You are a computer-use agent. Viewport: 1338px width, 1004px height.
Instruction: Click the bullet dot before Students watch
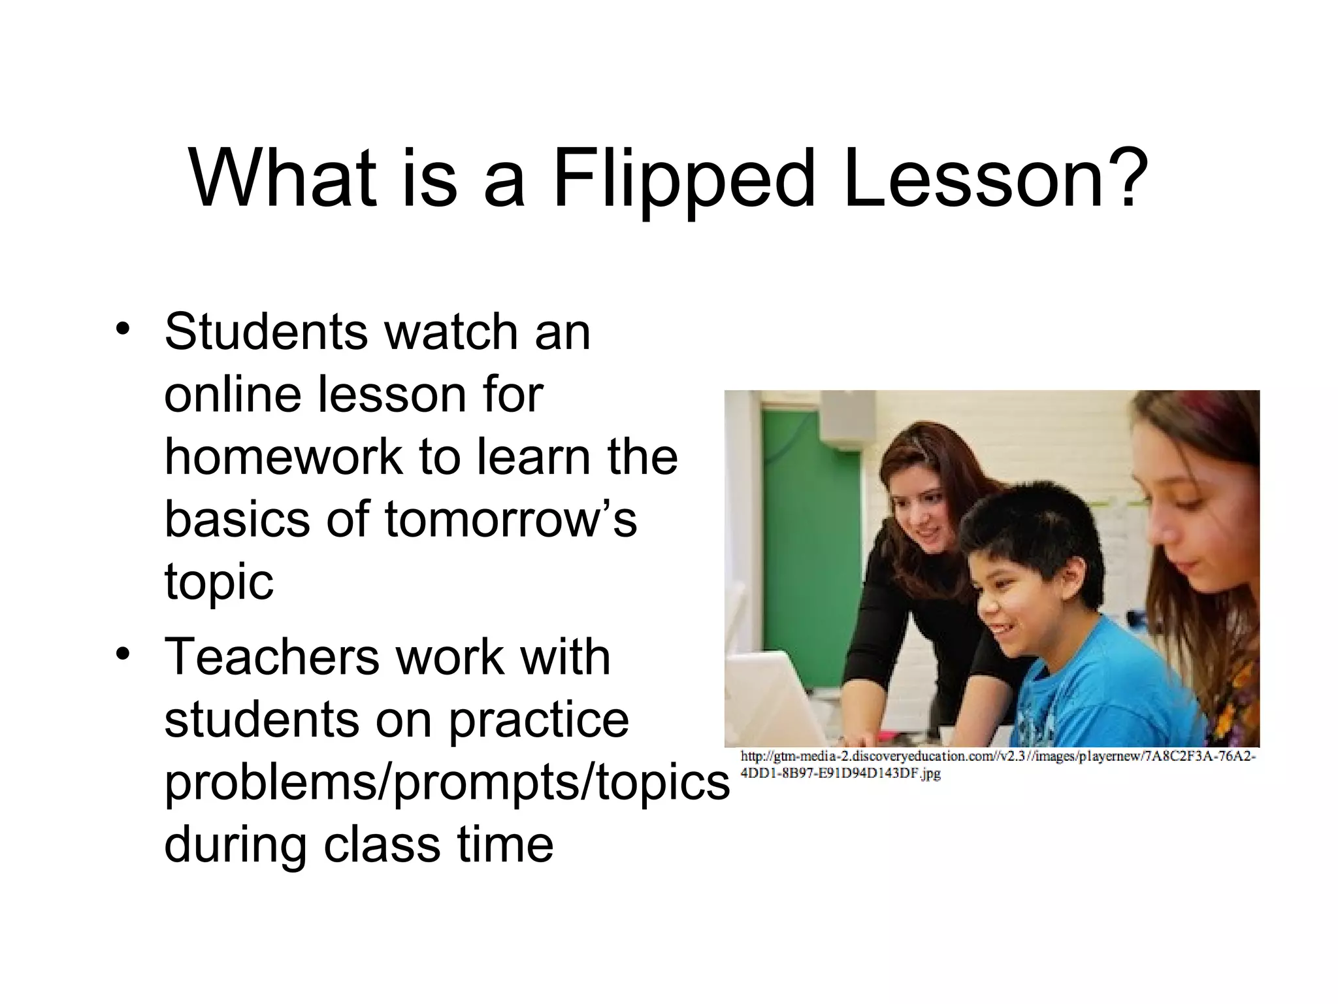[121, 327]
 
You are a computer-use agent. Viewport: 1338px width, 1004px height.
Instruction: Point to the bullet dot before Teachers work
[121, 652]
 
